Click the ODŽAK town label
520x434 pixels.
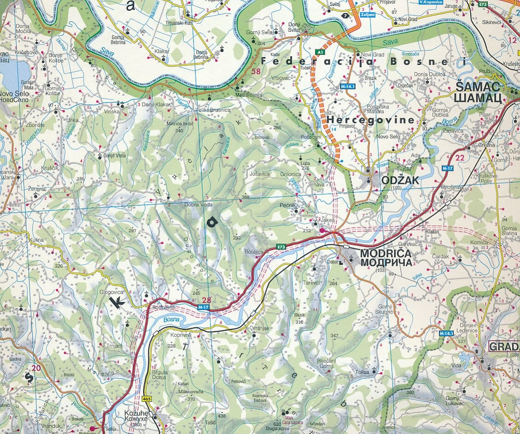400,180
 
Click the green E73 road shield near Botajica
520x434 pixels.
281,247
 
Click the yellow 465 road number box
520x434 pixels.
147,399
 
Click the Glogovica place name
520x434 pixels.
111,291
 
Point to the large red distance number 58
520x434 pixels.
256,71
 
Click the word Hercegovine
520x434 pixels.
371,120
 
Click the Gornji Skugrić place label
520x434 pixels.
385,309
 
